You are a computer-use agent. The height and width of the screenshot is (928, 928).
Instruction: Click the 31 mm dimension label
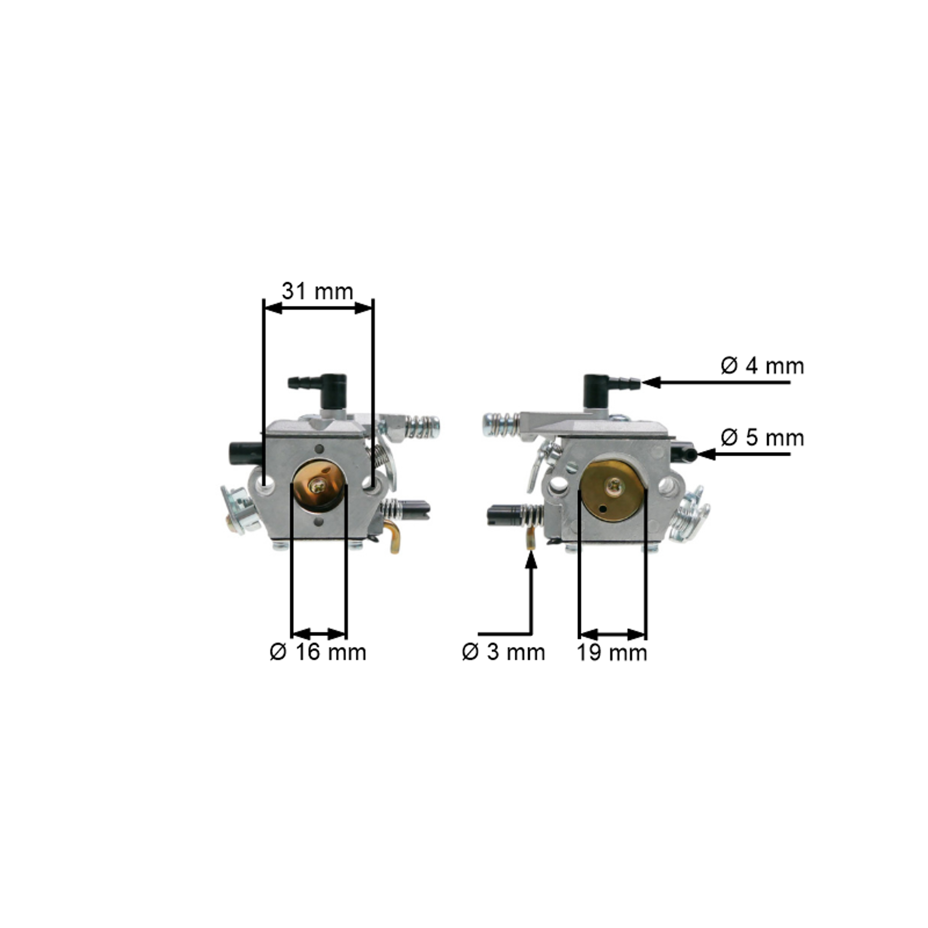pos(317,292)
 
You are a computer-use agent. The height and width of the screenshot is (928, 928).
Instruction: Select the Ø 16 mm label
pos(318,652)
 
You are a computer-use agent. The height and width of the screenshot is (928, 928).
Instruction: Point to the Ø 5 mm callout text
pos(762,438)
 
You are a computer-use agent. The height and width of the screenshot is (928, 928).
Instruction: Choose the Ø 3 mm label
pos(503,652)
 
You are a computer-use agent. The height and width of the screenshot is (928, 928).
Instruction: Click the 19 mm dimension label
pos(612,653)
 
